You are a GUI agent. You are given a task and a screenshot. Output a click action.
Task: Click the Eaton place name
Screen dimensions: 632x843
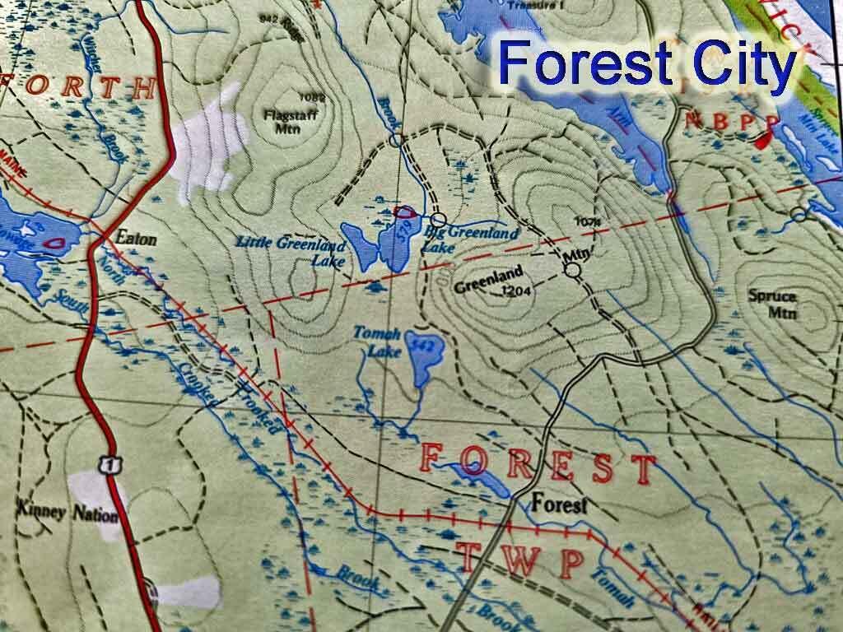(x=136, y=237)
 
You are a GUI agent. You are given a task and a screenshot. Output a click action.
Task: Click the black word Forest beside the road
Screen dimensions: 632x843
(x=559, y=504)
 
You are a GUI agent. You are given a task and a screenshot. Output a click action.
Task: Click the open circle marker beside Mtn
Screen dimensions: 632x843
(x=573, y=269)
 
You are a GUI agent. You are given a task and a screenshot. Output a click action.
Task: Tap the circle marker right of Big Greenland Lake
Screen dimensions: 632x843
(x=439, y=220)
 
